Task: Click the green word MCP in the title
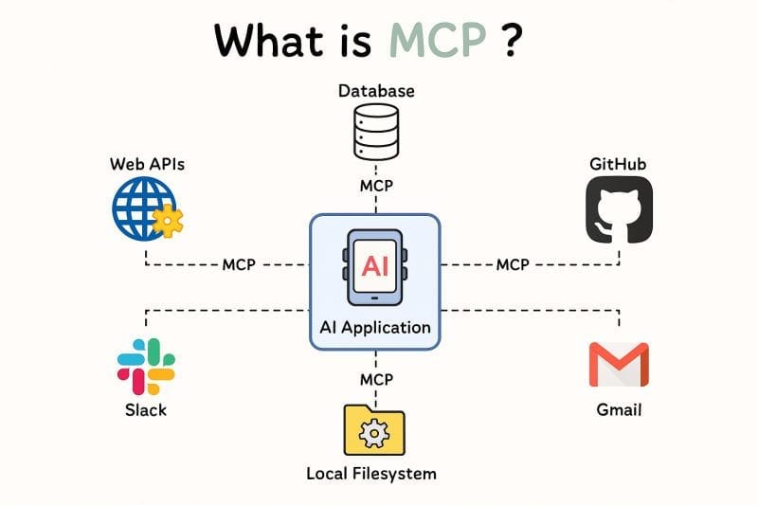pyautogui.click(x=439, y=40)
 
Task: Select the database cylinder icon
pyautogui.click(x=376, y=133)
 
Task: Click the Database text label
pyautogui.click(x=376, y=91)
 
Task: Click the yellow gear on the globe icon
pyautogui.click(x=169, y=222)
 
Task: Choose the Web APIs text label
pyautogui.click(x=147, y=164)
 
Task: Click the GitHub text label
pyautogui.click(x=618, y=164)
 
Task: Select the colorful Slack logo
pyautogui.click(x=146, y=366)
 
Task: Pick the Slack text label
pyautogui.click(x=146, y=410)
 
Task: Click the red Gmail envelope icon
pyautogui.click(x=618, y=366)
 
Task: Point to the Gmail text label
pyautogui.click(x=619, y=410)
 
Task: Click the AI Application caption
pyautogui.click(x=375, y=328)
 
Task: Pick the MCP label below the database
pyautogui.click(x=376, y=186)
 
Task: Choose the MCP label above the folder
pyautogui.click(x=376, y=379)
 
